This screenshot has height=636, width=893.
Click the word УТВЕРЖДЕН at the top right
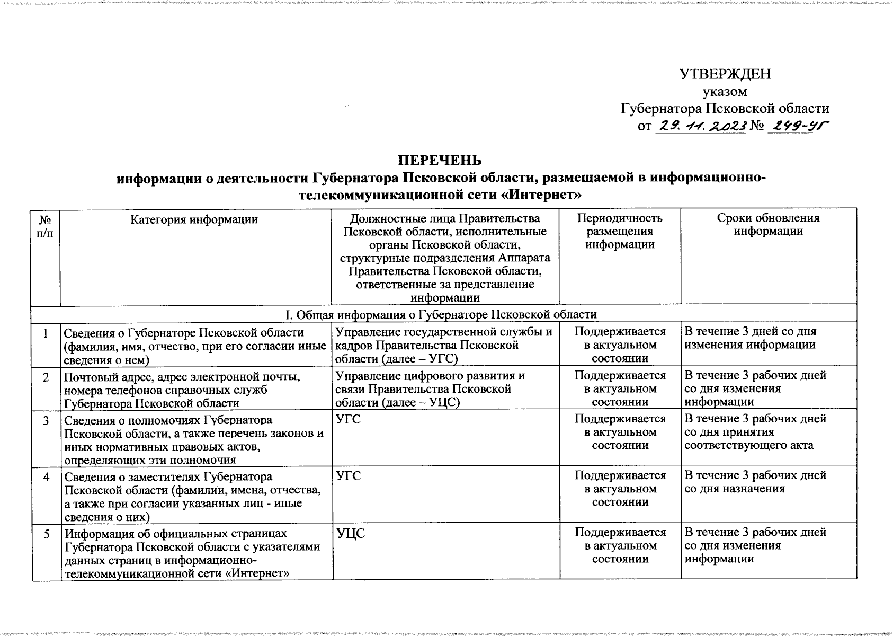(x=725, y=74)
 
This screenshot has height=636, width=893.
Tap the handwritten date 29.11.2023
(x=701, y=126)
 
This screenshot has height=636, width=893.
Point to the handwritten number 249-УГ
(x=798, y=126)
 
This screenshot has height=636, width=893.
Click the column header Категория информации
(x=194, y=219)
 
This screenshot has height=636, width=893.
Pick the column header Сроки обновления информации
(x=768, y=225)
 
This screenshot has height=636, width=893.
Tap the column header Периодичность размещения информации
(x=620, y=231)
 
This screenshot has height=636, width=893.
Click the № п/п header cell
(x=45, y=225)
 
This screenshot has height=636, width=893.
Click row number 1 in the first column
(x=47, y=333)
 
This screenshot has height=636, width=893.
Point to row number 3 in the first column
(x=47, y=421)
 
